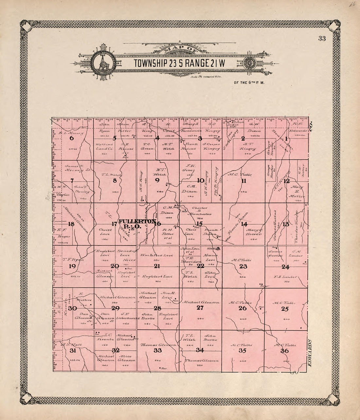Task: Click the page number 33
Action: click(x=321, y=39)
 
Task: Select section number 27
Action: click(x=200, y=308)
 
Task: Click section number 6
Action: click(x=72, y=138)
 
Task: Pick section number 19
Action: click(x=72, y=266)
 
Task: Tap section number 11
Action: click(x=243, y=181)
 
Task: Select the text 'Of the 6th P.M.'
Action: click(x=249, y=82)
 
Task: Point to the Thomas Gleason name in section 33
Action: click(x=158, y=345)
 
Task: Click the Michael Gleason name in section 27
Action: click(x=201, y=302)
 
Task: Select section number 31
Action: click(x=73, y=351)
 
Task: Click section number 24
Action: click(x=285, y=266)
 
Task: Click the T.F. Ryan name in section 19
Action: click(x=73, y=259)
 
